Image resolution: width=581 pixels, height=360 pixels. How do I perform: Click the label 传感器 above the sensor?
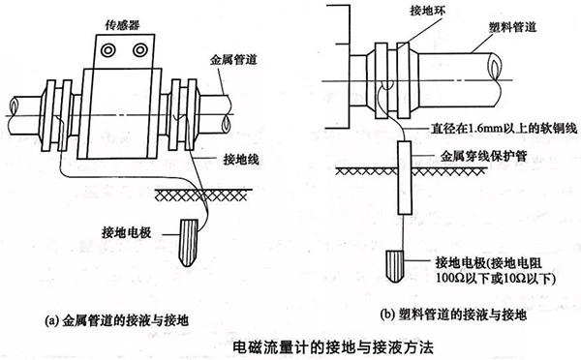tap(123, 25)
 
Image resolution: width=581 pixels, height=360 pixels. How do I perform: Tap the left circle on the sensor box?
tap(108, 50)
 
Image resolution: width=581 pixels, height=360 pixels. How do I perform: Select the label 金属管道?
tap(233, 60)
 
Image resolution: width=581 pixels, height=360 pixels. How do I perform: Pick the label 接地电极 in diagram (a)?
tap(126, 232)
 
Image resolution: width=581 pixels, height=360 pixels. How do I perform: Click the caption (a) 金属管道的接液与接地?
tap(116, 320)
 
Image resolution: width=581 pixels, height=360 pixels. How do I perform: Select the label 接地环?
tap(428, 11)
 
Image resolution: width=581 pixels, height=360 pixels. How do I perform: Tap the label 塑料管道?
tap(513, 27)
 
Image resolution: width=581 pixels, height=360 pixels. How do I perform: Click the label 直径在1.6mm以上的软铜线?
tap(504, 128)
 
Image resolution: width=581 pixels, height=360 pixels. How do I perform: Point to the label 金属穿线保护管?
tap(483, 156)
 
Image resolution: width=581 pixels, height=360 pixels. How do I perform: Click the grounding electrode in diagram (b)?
tap(396, 266)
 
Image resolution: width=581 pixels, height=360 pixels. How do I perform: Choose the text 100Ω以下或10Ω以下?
tap(496, 279)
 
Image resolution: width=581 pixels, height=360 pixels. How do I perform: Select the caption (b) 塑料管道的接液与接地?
tap(453, 315)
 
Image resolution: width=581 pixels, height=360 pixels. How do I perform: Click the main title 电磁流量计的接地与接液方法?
tap(333, 347)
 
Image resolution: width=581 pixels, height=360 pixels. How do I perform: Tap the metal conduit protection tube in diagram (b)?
tap(405, 178)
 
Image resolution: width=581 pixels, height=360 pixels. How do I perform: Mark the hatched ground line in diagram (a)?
tap(204, 195)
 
